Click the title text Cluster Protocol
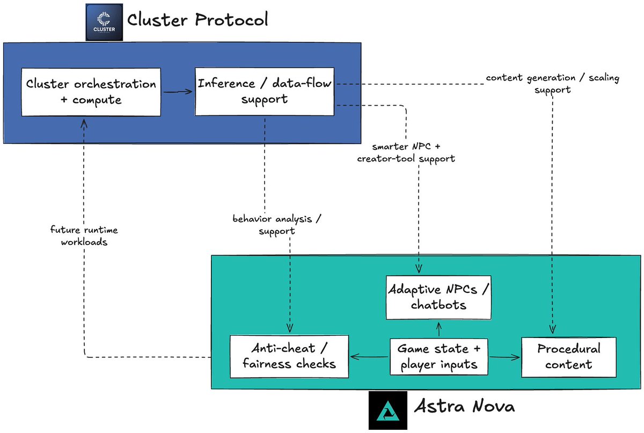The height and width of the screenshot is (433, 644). (x=197, y=21)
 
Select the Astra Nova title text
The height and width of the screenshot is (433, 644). (x=464, y=406)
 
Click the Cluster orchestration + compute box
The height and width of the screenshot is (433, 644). (x=91, y=92)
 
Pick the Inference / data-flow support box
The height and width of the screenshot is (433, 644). (x=265, y=91)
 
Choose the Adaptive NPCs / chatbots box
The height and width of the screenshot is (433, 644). (x=439, y=297)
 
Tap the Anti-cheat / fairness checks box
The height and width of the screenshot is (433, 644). (x=289, y=356)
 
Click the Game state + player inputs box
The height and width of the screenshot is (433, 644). (x=439, y=356)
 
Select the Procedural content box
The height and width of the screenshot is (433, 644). (x=568, y=356)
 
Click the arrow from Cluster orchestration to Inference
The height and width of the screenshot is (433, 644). (x=178, y=92)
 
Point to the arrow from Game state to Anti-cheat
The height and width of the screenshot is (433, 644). (x=369, y=356)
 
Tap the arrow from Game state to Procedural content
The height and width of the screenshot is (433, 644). (x=504, y=356)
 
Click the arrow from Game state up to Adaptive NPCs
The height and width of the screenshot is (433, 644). (x=439, y=328)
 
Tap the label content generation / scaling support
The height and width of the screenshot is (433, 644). (x=552, y=84)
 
